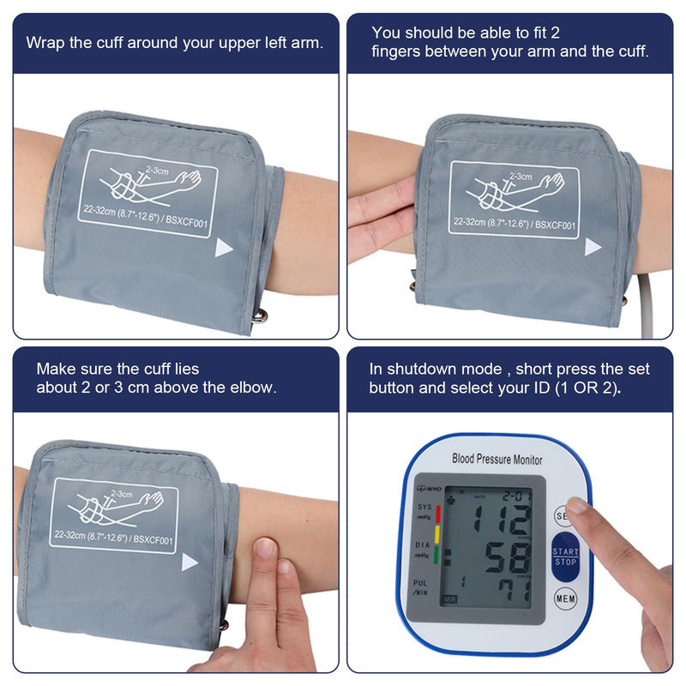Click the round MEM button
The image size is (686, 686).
pos(564,597)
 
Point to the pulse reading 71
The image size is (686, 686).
pos(513,592)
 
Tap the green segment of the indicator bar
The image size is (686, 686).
pos(436,556)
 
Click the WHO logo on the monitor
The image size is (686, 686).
pos(426,490)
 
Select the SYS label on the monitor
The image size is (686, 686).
pos(424,508)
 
